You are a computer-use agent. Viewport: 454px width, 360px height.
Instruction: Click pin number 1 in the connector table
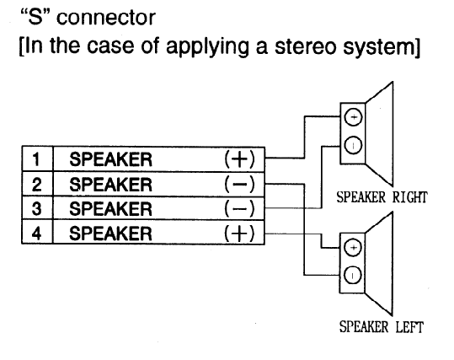pos(36,159)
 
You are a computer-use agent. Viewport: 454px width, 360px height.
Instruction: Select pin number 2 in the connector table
pos(36,185)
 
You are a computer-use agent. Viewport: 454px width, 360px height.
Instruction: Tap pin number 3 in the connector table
pos(36,209)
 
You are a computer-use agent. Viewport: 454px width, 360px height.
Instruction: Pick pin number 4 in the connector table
pos(36,233)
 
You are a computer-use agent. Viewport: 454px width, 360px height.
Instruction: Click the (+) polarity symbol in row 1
pos(239,159)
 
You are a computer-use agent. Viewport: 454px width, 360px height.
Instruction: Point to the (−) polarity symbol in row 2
pos(239,184)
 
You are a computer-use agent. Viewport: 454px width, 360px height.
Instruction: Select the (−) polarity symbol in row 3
pos(239,208)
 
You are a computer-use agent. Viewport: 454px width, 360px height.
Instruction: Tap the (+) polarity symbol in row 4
pos(239,233)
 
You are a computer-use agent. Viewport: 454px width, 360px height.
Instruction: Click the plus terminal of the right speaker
pos(353,117)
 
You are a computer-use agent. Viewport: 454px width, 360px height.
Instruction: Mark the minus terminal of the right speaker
pos(353,145)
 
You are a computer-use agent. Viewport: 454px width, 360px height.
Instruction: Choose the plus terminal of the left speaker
pos(353,247)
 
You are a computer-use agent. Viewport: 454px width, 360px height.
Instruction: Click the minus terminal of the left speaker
pos(353,275)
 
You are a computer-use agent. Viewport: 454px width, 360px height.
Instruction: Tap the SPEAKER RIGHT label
pos(382,197)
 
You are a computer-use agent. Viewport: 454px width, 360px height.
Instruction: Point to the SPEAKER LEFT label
pos(382,327)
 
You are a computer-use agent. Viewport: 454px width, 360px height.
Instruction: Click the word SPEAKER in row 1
pos(110,159)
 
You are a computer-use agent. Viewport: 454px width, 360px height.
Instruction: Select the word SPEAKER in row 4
pos(110,234)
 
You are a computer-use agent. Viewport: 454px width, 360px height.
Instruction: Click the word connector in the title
pos(106,18)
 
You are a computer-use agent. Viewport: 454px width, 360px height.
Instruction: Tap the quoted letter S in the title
pos(35,17)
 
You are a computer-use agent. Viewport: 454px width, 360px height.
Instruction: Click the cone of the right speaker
pos(379,134)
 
